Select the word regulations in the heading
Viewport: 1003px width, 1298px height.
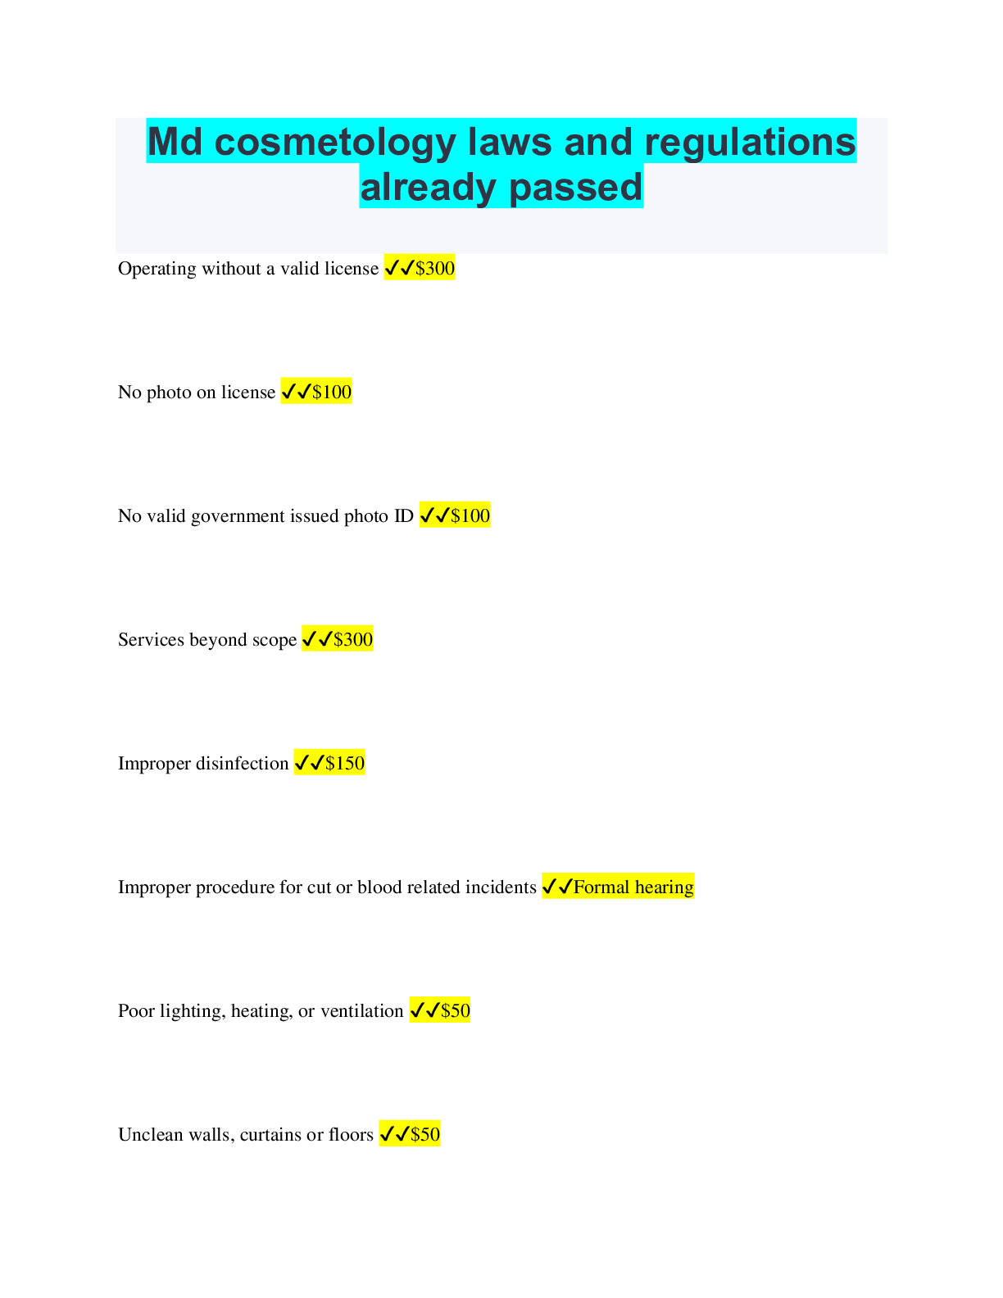750,143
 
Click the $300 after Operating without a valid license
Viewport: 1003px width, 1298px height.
435,269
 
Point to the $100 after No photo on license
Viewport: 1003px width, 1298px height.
332,393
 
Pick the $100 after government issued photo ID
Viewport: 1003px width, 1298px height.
470,516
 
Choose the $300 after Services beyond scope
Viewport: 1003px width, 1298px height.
353,640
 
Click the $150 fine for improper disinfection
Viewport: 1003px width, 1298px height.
345,764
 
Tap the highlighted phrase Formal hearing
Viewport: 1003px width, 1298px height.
633,887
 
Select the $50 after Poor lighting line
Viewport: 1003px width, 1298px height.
456,1011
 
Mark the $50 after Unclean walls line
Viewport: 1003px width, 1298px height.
425,1135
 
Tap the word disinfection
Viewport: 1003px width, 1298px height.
247,764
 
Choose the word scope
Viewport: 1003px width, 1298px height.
275,640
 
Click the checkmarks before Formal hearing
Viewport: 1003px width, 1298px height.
557,887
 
